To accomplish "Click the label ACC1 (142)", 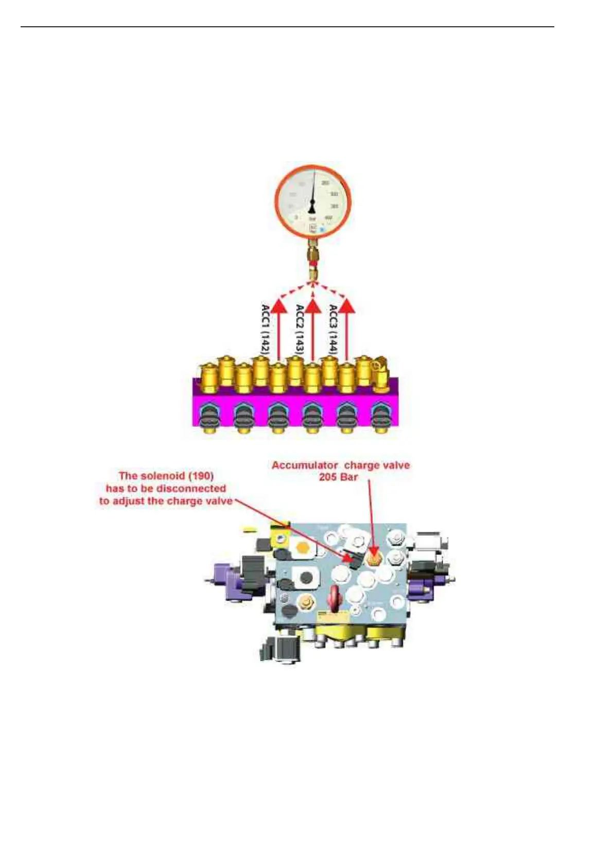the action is (266, 329).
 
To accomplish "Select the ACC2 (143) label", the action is (300, 329).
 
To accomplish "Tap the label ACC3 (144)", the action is (334, 329).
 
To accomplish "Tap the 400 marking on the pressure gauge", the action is (329, 218).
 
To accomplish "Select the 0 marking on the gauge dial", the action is (296, 218).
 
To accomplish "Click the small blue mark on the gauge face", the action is (323, 230).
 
